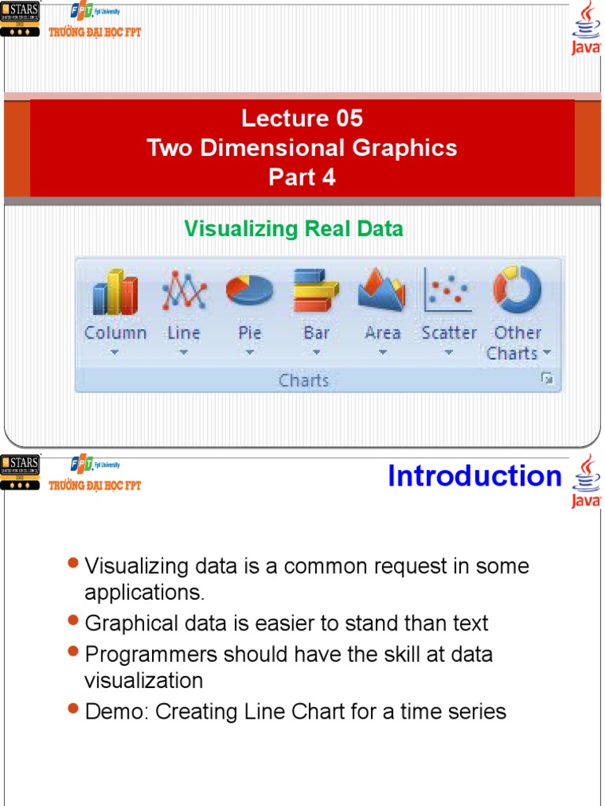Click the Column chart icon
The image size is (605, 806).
point(115,293)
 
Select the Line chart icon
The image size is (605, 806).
point(184,291)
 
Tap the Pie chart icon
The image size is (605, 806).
point(250,290)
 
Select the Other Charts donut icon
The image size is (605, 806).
point(518,290)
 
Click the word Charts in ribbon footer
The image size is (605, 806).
point(303,381)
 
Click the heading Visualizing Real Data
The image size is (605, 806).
point(293,229)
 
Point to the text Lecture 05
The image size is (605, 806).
point(302,119)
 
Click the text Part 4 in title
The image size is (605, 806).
point(302,177)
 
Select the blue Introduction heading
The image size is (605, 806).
point(474,476)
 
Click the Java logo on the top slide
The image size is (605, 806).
point(586,28)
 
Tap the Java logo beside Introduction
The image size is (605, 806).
point(586,480)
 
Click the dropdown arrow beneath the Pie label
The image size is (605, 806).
point(250,353)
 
